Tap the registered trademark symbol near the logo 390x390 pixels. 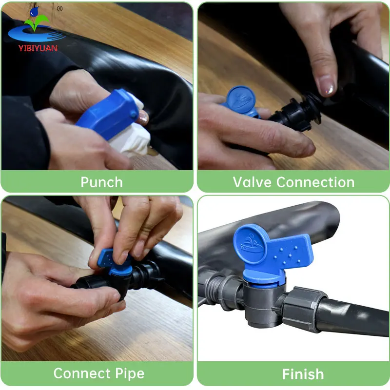click(x=59, y=8)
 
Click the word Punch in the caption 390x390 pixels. click(x=101, y=182)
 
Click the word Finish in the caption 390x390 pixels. click(x=303, y=374)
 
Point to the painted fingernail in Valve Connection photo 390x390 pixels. click(x=327, y=89)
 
